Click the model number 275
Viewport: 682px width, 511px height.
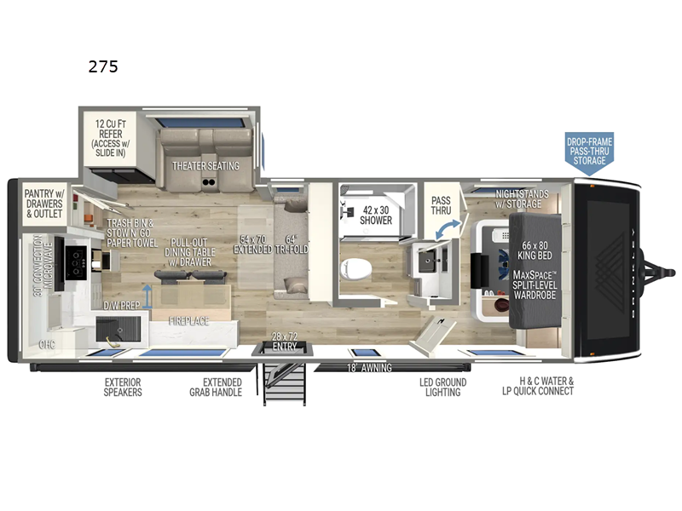pyautogui.click(x=103, y=67)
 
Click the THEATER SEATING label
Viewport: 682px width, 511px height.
pyautogui.click(x=205, y=165)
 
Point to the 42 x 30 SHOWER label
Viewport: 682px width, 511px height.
pyautogui.click(x=376, y=214)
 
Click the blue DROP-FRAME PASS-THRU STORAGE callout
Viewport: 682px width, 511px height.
pyautogui.click(x=589, y=152)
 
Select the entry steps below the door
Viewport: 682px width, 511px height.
pyautogui.click(x=286, y=383)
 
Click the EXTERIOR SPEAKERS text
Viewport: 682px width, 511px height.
pyautogui.click(x=123, y=387)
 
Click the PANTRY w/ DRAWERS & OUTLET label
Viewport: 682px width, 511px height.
pyautogui.click(x=43, y=203)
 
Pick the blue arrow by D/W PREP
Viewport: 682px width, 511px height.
pyautogui.click(x=147, y=295)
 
